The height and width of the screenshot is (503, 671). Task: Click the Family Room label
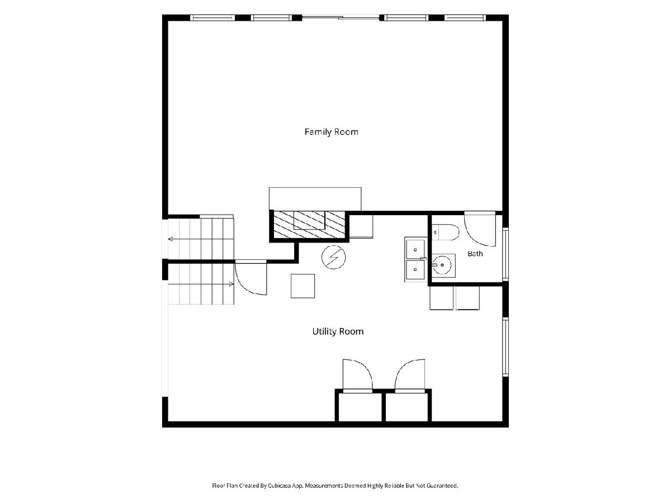point(332,132)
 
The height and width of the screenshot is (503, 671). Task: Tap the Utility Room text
point(338,331)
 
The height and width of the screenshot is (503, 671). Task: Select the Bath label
point(475,254)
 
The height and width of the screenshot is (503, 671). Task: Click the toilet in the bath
point(445,232)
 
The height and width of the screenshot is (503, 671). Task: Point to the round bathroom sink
point(442,265)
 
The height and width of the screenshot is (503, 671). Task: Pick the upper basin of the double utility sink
point(415,249)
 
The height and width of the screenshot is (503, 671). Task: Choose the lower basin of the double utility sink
point(415,270)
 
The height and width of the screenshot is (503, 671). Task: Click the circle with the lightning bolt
point(333,257)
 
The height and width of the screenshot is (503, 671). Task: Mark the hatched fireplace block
point(309,224)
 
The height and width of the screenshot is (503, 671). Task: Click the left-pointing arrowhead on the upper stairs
point(171,239)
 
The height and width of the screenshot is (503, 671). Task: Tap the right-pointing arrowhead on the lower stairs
point(231,284)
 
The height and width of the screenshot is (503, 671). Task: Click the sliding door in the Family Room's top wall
point(341,18)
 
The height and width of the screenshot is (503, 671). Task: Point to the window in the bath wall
point(505,254)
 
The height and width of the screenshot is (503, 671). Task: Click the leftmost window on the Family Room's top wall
point(212,18)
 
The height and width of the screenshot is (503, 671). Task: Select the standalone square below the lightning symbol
point(303,286)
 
